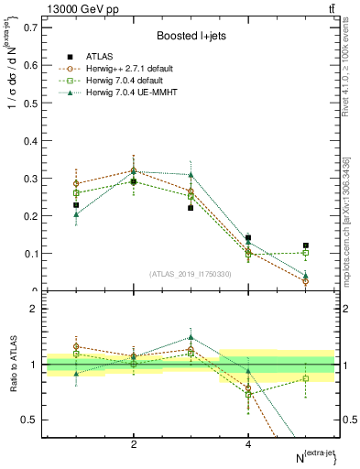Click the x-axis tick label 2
134,443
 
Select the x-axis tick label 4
248,443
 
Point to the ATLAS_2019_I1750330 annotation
190,273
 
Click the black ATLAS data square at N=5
306,245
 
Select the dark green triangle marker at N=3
191,174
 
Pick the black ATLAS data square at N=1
76,205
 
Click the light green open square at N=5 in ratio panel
306,378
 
